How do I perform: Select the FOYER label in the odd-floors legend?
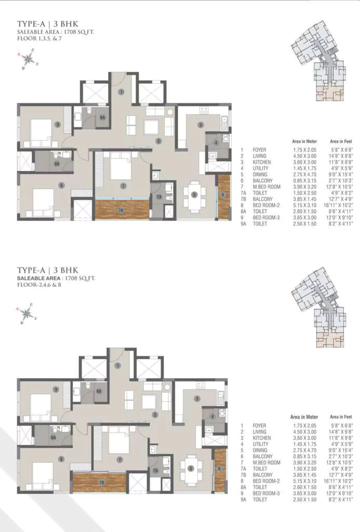[259, 150]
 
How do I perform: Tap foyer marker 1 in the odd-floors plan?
[121, 92]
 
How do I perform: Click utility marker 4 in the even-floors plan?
[212, 416]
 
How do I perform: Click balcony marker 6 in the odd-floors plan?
[223, 195]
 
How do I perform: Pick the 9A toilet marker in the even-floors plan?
[98, 390]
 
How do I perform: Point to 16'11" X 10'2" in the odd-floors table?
[341, 205]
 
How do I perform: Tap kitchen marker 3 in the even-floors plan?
[196, 398]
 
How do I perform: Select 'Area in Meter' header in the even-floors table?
[304, 417]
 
